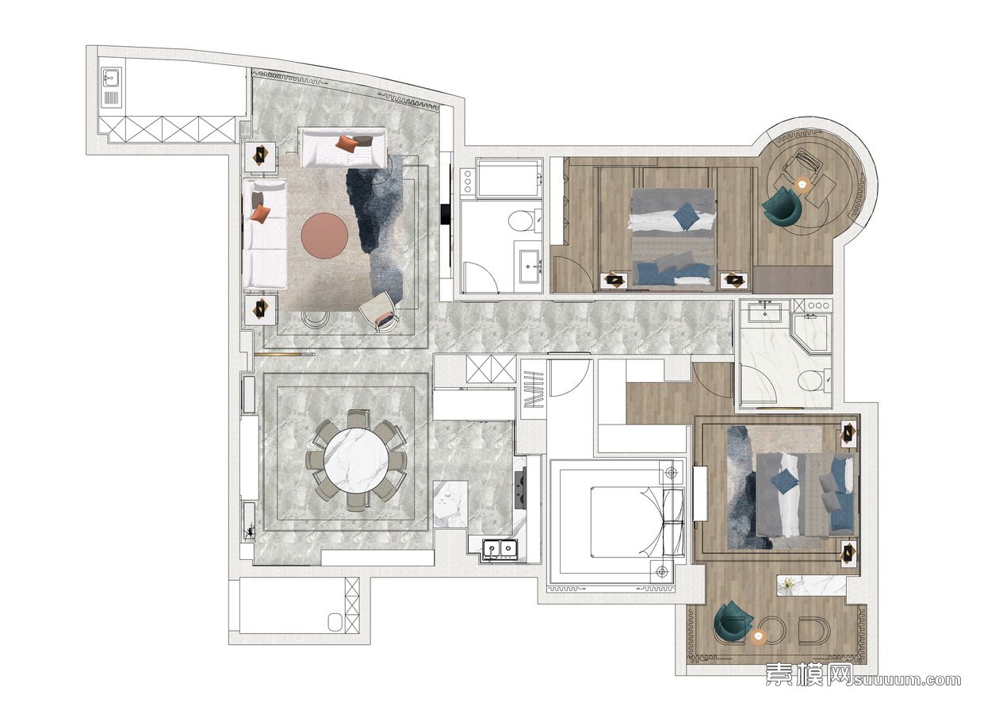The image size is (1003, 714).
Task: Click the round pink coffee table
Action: point(324,236)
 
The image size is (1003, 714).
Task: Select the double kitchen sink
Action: point(500,548)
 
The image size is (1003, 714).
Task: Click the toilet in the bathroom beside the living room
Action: point(520,221)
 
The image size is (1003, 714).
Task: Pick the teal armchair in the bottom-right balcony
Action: point(731,623)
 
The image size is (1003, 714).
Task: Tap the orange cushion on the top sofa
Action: point(347,144)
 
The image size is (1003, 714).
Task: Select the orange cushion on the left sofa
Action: point(260,213)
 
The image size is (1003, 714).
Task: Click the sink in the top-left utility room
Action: point(111,80)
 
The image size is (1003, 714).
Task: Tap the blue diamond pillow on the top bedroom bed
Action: point(687,214)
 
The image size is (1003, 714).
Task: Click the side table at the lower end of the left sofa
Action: point(260,309)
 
